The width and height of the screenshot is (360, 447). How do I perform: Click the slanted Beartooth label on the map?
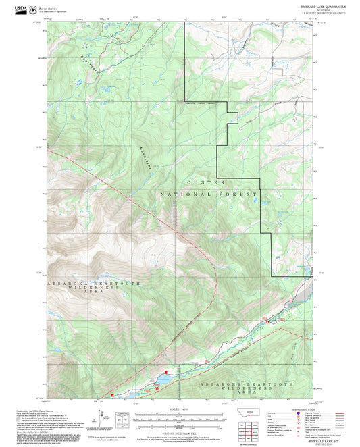(x=86, y=63)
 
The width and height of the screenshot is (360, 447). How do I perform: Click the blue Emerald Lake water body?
(x=164, y=380)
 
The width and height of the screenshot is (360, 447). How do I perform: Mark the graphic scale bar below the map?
(x=180, y=417)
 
